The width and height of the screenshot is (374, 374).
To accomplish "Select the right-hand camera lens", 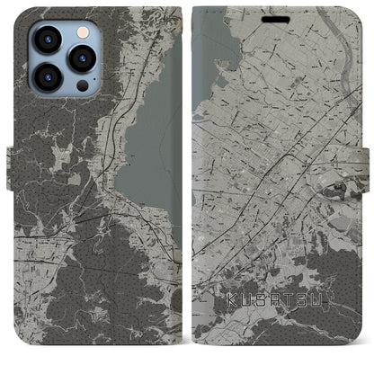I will coord(82,58).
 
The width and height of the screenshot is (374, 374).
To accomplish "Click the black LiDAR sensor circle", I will coord(82,86).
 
